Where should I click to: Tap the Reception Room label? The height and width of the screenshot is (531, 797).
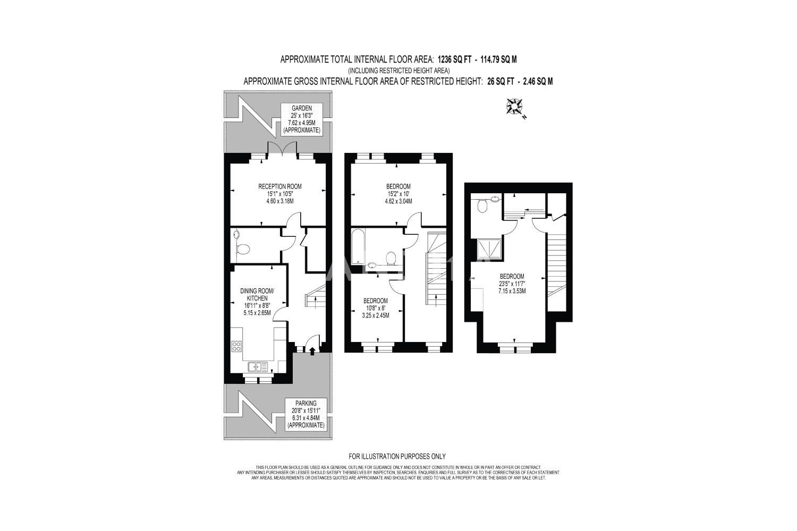[x=280, y=194]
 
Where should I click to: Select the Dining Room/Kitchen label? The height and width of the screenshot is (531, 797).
[x=257, y=302]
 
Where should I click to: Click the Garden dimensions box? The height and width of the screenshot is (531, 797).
[x=302, y=119]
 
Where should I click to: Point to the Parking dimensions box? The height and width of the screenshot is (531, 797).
[x=306, y=414]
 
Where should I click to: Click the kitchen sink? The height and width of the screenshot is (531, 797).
[x=258, y=367]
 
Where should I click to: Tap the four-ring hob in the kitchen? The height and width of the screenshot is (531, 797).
[x=236, y=346]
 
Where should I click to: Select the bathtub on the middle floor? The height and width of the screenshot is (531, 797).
[x=357, y=246]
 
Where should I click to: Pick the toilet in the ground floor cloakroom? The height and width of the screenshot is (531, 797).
[x=243, y=249]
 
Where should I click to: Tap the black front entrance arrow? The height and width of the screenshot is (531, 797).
[x=312, y=352]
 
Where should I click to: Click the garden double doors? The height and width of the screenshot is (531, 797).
[x=282, y=149]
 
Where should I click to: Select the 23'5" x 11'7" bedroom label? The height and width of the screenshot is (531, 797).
[x=512, y=284]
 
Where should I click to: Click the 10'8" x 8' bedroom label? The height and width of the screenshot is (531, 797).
[x=375, y=308]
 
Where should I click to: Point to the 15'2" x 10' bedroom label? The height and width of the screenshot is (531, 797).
[x=398, y=194]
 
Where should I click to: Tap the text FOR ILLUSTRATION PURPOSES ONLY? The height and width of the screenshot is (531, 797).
[x=397, y=456]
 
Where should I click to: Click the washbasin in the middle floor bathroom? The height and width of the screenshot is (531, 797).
[x=372, y=265]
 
